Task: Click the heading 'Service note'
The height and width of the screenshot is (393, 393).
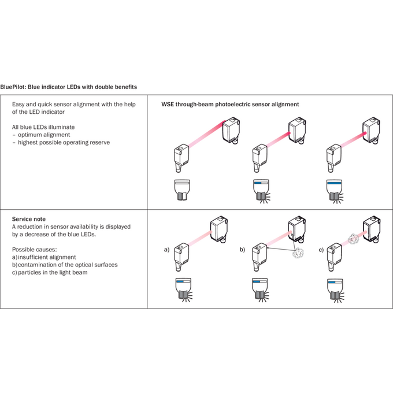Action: pos(29,219)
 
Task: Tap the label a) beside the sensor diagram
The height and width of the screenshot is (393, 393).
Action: pos(166,250)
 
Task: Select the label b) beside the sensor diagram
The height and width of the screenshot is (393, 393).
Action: pos(242,250)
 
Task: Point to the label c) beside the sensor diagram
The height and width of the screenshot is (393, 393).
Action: pos(321,250)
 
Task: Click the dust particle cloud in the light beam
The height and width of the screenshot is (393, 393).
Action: pos(354,239)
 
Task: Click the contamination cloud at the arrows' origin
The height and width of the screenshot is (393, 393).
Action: pos(298,253)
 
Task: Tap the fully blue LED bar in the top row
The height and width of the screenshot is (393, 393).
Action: pos(335,183)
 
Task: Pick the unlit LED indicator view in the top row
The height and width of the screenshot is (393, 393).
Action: pos(182,190)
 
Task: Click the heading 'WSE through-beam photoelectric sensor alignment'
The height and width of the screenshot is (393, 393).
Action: pos(230,104)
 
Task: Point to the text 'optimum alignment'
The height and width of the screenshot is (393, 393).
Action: pos(44,135)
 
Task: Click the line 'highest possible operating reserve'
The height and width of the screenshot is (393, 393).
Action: pos(64,142)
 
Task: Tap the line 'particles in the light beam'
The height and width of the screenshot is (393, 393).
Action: pos(53,272)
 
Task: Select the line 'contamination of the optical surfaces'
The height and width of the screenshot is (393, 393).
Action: pos(68,265)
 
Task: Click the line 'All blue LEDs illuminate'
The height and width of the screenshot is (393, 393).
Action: pos(43,127)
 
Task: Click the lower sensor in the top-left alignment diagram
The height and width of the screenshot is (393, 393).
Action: pos(181,158)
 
